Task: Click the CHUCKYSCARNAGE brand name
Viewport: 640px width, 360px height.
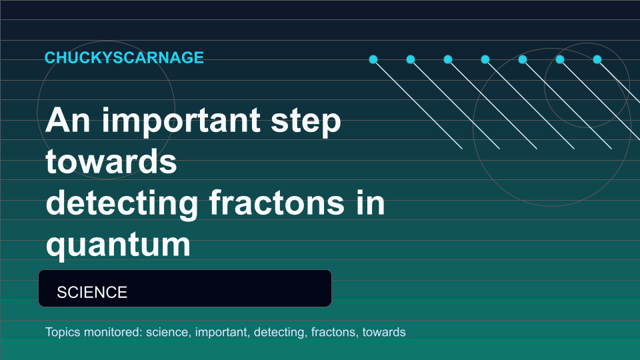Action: click(124, 57)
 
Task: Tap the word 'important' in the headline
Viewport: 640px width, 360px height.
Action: click(181, 121)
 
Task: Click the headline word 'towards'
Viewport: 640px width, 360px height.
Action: click(111, 161)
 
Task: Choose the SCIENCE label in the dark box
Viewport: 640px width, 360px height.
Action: click(92, 292)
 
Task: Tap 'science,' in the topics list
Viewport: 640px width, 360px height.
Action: click(169, 332)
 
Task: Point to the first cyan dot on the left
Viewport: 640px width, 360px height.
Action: click(373, 59)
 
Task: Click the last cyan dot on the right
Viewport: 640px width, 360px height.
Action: click(597, 59)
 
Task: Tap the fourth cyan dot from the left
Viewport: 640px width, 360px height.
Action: click(485, 59)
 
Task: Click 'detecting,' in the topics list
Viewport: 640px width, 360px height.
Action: click(281, 333)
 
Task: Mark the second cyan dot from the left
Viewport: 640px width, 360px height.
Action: click(411, 59)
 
